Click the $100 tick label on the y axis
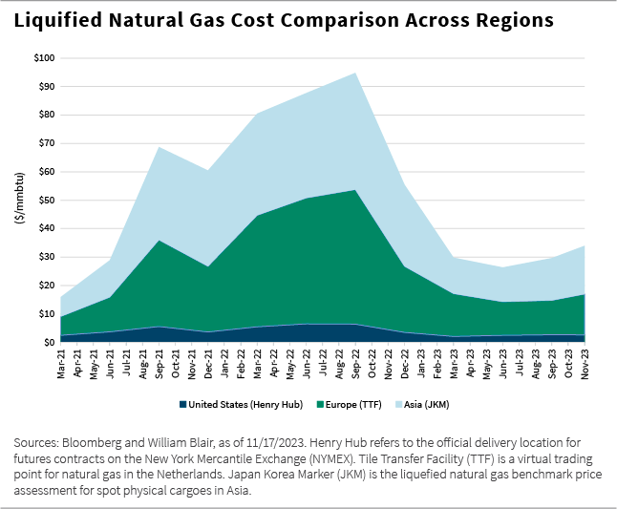pyautogui.click(x=43, y=58)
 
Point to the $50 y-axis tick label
pyautogui.click(x=45, y=200)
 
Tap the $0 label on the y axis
pyautogui.click(x=48, y=342)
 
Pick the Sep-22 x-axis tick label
pyautogui.click(x=356, y=362)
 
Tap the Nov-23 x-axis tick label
pyautogui.click(x=584, y=362)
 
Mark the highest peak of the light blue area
pyautogui.click(x=356, y=74)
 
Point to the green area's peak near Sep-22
pyautogui.click(x=356, y=191)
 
